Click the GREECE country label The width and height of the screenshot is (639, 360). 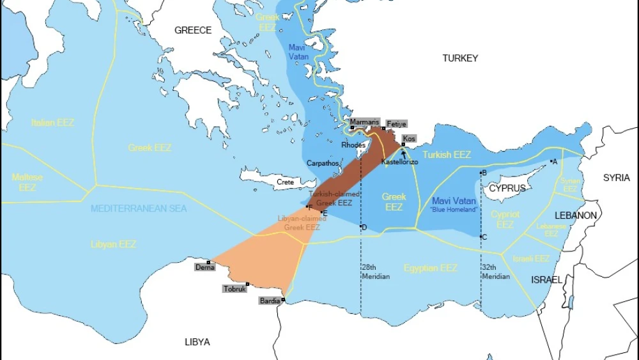click(x=193, y=30)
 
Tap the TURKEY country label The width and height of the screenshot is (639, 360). click(x=460, y=58)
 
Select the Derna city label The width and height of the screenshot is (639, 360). click(x=204, y=267)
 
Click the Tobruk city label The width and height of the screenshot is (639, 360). click(x=235, y=289)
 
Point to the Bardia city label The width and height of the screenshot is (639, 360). click(x=270, y=301)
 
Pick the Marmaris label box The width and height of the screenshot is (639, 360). click(x=365, y=121)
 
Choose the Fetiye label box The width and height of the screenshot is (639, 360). click(x=396, y=124)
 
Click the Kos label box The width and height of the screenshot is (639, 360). click(x=409, y=139)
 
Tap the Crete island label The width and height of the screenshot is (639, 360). click(x=285, y=182)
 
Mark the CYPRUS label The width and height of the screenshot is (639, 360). click(x=507, y=189)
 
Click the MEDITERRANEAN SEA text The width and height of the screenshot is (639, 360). click(x=139, y=209)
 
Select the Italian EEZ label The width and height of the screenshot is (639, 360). click(x=52, y=122)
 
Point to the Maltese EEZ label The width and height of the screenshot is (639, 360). click(x=27, y=182)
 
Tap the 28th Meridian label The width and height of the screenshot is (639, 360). click(x=375, y=272)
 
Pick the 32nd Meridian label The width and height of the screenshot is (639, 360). click(x=496, y=272)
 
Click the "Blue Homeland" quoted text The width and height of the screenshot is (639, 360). click(x=454, y=210)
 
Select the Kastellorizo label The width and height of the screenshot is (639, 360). click(x=399, y=162)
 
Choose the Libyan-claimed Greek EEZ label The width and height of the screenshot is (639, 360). click(x=302, y=223)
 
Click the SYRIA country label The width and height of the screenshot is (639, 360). click(x=616, y=177)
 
